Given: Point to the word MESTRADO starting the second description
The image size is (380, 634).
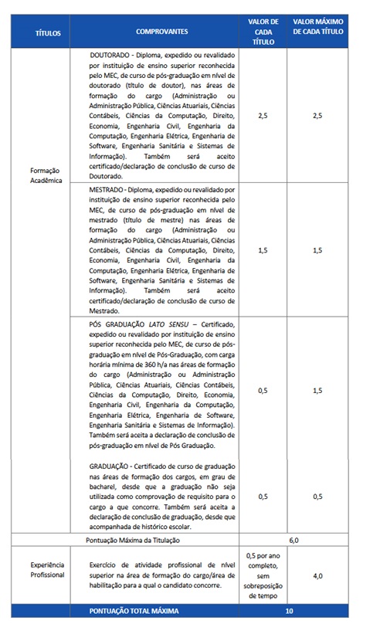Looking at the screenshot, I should coord(108,188).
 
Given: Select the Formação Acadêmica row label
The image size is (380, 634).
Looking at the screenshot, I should coord(44,175).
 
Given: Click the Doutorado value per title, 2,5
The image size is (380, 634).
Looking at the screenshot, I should coord(263,116).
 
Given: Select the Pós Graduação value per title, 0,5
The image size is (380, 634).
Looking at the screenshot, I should coord(263,391).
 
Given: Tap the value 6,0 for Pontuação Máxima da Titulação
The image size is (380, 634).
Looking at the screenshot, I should coord(293,541).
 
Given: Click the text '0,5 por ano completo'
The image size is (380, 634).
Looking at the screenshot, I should coord(263,561).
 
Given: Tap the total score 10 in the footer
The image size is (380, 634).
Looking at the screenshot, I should coord(289,610).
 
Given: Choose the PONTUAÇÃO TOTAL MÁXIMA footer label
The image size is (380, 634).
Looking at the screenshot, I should coord(134,610).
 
